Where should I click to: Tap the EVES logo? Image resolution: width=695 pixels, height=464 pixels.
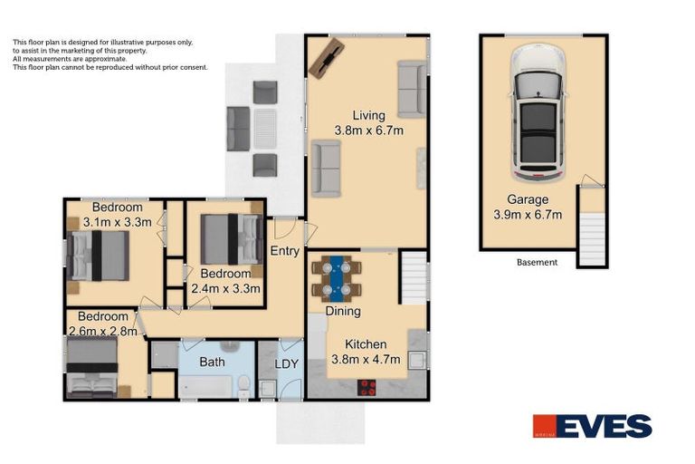(592, 426)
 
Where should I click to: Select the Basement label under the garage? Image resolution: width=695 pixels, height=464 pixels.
(537, 263)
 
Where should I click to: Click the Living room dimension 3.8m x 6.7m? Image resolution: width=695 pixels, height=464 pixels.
(368, 130)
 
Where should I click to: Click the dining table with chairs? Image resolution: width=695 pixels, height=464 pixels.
(337, 278)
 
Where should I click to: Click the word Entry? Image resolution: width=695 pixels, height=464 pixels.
(285, 251)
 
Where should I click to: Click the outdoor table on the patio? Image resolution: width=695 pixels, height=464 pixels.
(265, 128)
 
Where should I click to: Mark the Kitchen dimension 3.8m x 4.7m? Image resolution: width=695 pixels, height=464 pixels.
(366, 359)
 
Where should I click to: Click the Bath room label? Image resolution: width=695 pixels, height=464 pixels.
(213, 362)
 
